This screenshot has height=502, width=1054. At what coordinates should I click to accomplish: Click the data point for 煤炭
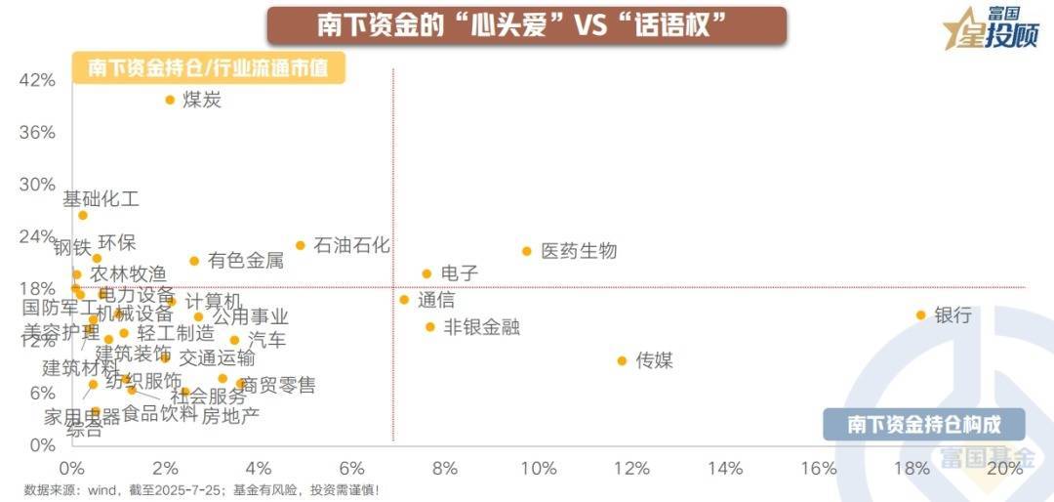[170, 100]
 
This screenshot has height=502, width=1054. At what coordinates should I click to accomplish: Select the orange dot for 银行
[920, 314]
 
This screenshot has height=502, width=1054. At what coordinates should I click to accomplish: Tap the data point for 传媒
[622, 360]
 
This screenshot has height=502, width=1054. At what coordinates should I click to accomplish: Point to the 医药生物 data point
[527, 251]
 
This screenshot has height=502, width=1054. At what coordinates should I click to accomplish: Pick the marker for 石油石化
[301, 245]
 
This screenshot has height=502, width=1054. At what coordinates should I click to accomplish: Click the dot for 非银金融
[430, 327]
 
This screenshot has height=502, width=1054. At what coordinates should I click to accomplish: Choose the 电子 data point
[426, 273]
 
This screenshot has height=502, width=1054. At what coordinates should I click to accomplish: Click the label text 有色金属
[245, 261]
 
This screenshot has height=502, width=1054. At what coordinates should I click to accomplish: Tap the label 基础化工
[101, 199]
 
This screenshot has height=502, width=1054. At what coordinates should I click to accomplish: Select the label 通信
[436, 300]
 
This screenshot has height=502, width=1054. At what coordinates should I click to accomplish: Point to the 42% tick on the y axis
[37, 80]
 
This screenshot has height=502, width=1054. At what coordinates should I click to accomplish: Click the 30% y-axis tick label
[37, 185]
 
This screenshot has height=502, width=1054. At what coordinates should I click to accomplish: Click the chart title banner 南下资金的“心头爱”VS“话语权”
[526, 25]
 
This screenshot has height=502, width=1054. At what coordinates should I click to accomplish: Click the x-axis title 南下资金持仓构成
[923, 424]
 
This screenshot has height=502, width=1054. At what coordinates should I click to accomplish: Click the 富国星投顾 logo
[991, 29]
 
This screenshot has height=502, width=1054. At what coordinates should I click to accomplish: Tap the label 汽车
[266, 340]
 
